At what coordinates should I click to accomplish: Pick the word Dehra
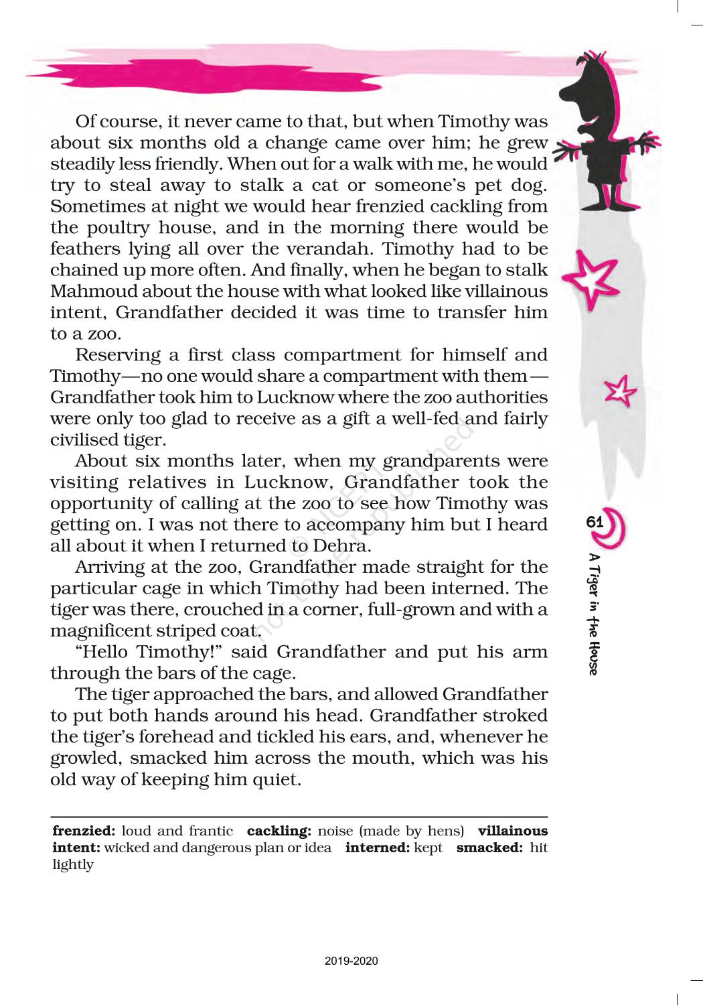tap(341, 546)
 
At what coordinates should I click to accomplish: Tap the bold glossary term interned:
tap(376, 848)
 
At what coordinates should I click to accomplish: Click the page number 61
tap(595, 522)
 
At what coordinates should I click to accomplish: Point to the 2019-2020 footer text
tap(351, 961)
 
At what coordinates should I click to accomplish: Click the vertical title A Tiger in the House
tap(594, 614)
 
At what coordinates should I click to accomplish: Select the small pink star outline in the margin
tap(619, 391)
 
